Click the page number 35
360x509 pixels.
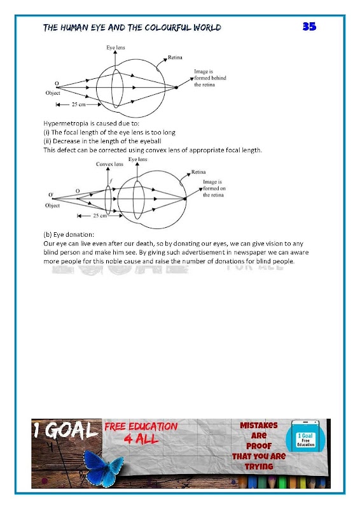(x=309, y=26)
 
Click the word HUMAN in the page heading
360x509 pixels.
(x=74, y=27)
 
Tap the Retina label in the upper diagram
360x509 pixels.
(x=175, y=57)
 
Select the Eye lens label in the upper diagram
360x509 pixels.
(x=116, y=47)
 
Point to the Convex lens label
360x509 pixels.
(x=109, y=164)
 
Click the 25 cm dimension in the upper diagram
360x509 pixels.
(x=79, y=104)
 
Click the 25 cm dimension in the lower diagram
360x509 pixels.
(x=100, y=216)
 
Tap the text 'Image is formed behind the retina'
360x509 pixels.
(x=210, y=78)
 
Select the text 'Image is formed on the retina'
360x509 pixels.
(x=214, y=188)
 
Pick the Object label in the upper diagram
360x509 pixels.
(x=53, y=93)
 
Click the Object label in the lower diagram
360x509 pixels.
(x=52, y=206)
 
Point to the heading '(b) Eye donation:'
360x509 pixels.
(x=69, y=234)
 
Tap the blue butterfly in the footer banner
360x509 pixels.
(x=103, y=468)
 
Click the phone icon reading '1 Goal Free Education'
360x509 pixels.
(x=305, y=437)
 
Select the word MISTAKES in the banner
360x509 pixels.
(x=259, y=425)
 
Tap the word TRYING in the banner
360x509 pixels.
(x=259, y=466)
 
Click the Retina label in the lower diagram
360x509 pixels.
(x=198, y=172)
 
